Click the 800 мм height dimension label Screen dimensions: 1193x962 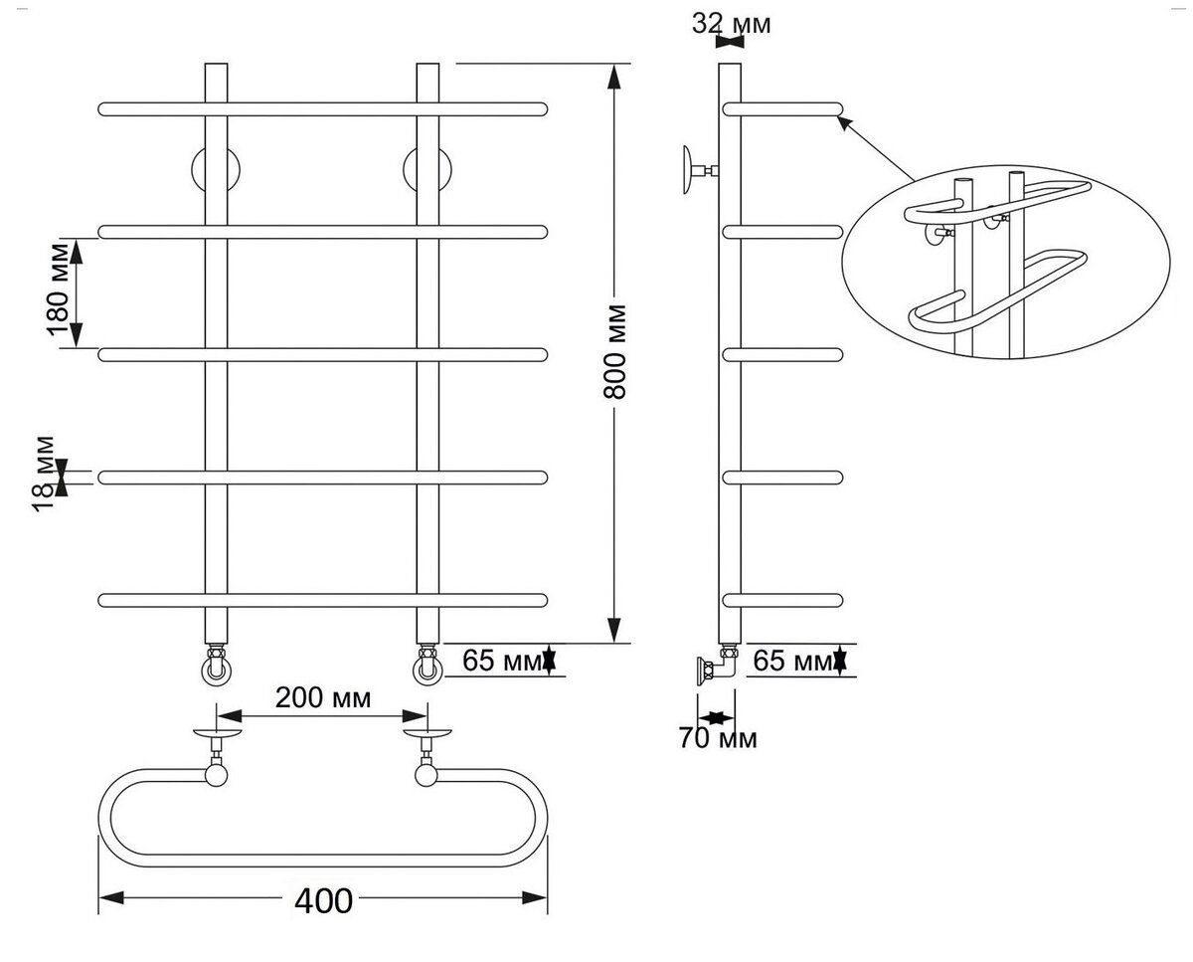pos(614,352)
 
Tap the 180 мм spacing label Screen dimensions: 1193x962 pos(58,289)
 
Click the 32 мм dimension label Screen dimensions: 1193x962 pos(731,24)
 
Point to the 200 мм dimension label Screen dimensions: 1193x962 pos(323,698)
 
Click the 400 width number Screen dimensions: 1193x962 pos(323,901)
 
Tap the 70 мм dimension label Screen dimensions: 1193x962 pos(718,738)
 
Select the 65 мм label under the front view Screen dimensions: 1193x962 pos(502,661)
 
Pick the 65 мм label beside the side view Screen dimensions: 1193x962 pos(793,661)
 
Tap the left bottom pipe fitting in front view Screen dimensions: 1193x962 pos(216,665)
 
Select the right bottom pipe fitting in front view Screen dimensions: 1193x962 pos(427,665)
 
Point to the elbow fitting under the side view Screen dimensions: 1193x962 pos(718,668)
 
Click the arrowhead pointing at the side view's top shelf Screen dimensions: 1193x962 pos(843,122)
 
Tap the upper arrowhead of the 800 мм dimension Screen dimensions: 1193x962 pos(613,78)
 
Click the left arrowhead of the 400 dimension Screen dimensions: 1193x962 pos(111,897)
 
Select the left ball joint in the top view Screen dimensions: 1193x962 pos(216,775)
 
